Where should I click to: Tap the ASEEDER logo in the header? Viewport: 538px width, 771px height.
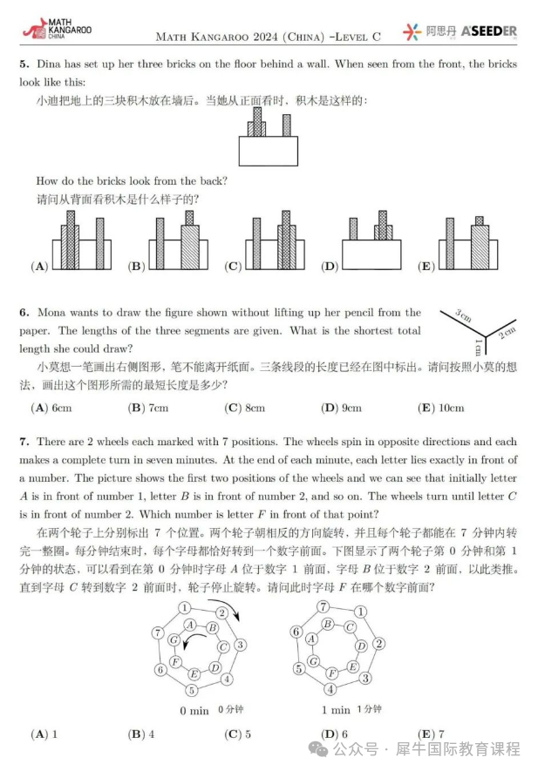[487, 32]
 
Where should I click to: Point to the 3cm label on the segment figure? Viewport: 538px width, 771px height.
[463, 316]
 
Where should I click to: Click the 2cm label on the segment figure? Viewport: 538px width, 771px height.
[507, 330]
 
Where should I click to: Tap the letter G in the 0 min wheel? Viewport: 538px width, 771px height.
[175, 640]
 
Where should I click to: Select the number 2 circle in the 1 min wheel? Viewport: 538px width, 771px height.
[379, 644]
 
